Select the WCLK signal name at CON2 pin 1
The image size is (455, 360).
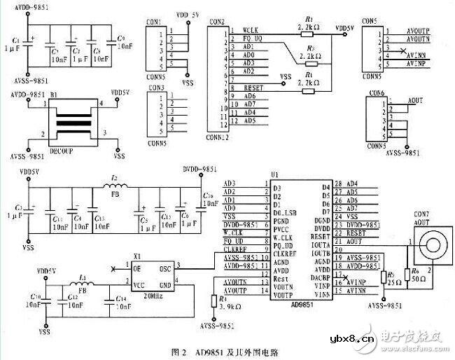pyautogui.click(x=251, y=30)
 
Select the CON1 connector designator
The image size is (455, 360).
pyautogui.click(x=155, y=22)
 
